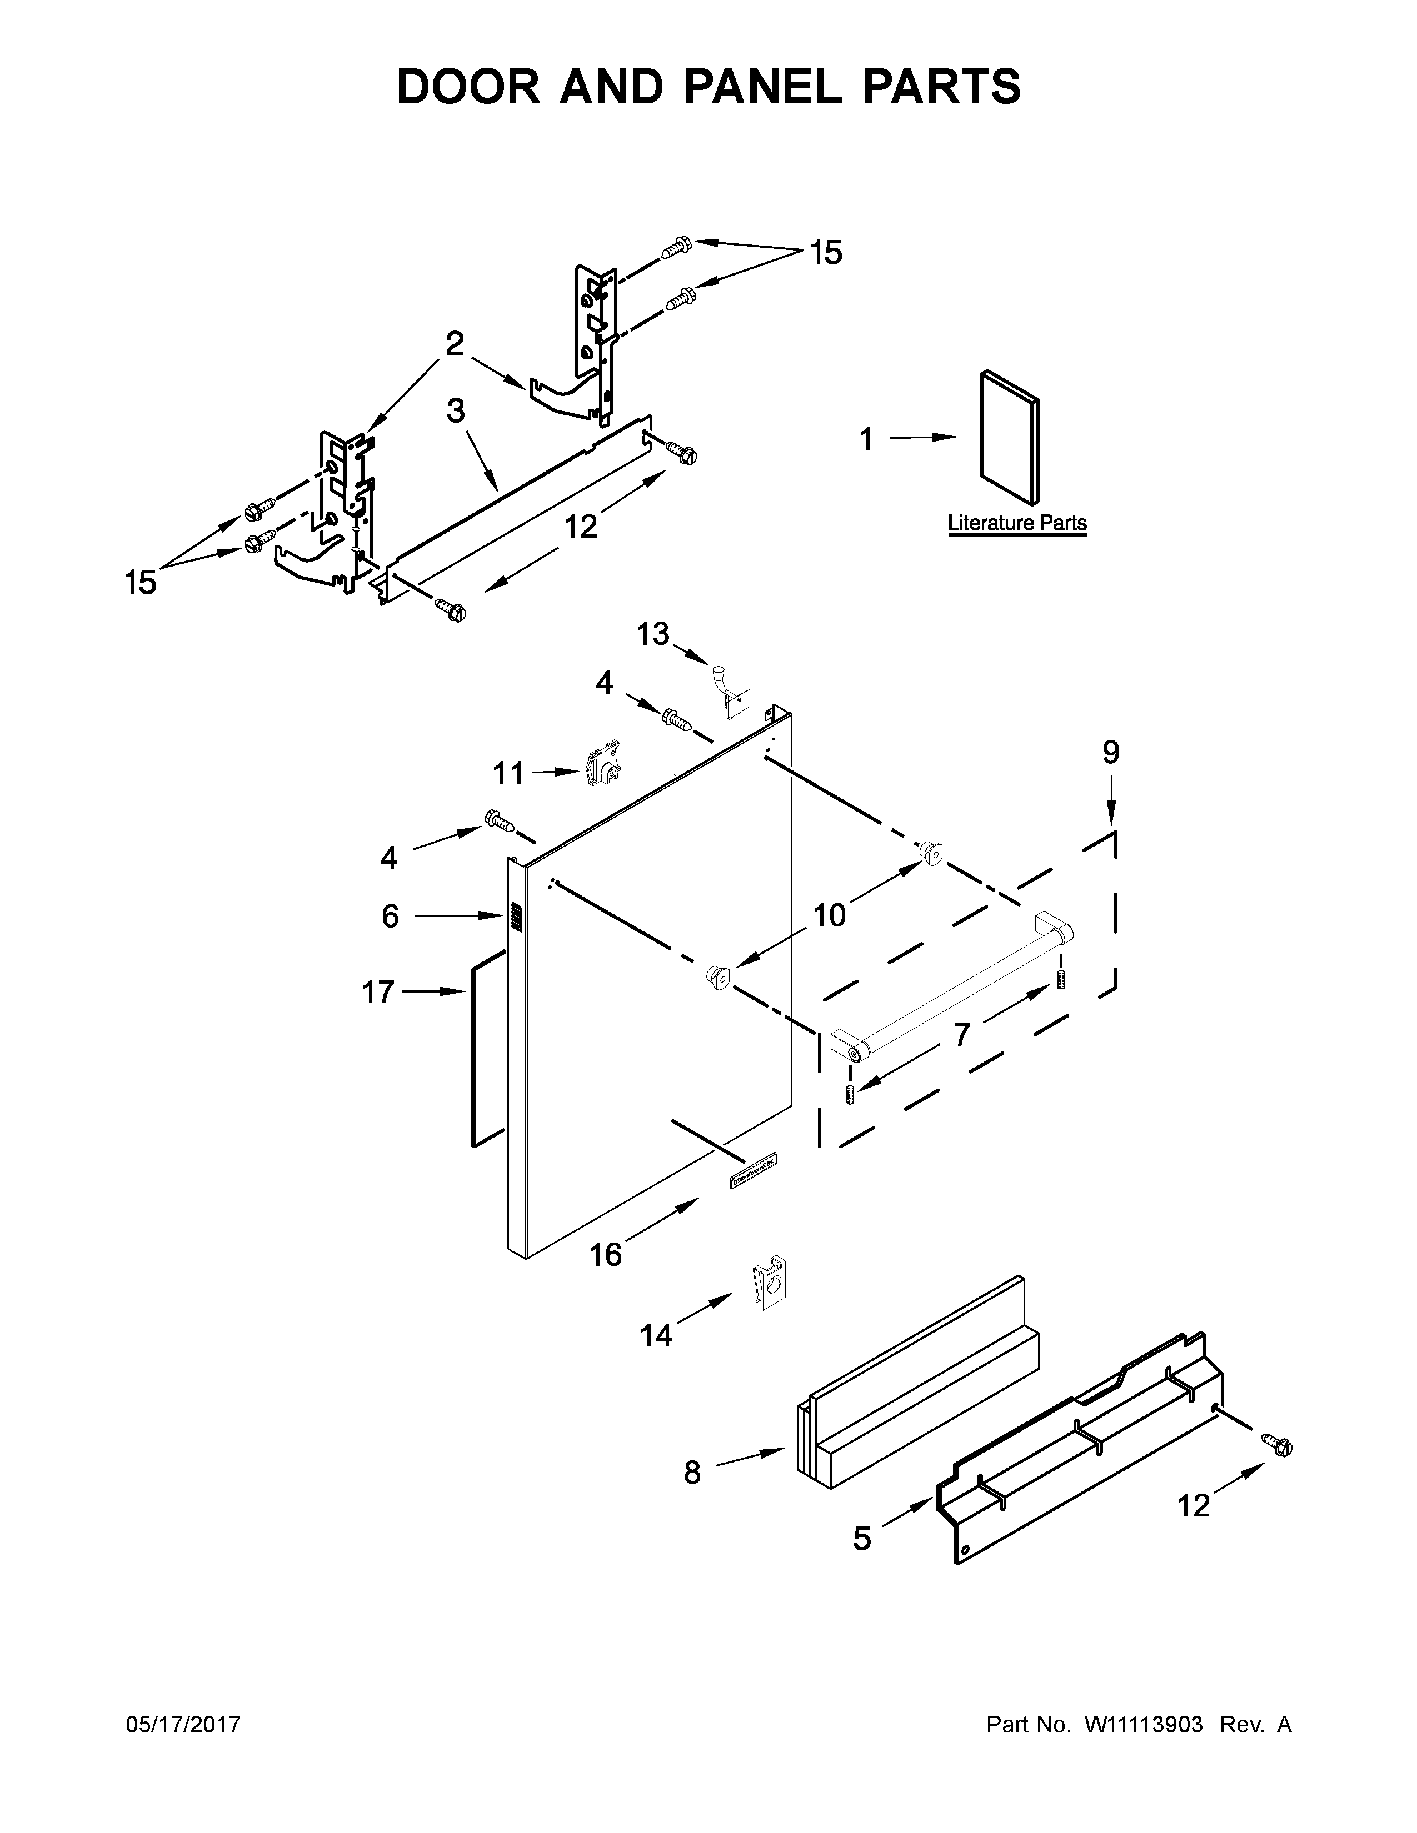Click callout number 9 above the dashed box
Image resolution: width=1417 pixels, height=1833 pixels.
[1111, 753]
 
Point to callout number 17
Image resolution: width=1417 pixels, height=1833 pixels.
[378, 992]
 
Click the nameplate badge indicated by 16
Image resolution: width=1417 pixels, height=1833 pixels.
[752, 1170]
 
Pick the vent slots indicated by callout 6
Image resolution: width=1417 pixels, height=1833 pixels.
[516, 918]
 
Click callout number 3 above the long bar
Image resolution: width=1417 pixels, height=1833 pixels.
[456, 411]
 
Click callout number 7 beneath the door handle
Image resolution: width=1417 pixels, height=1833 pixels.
[962, 1035]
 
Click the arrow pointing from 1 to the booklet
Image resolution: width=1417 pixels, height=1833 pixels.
[922, 437]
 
